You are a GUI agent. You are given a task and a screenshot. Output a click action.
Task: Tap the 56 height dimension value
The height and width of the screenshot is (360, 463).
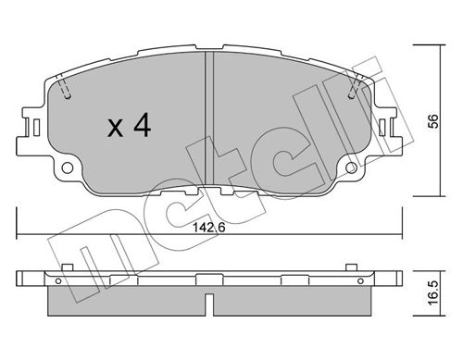pos(433,121)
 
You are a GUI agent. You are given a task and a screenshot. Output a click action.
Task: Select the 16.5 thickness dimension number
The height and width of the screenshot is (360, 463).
pos(433,292)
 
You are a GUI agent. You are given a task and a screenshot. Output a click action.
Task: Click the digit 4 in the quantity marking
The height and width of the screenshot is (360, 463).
pos(143,125)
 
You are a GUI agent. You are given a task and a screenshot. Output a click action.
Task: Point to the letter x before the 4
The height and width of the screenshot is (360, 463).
pos(116,129)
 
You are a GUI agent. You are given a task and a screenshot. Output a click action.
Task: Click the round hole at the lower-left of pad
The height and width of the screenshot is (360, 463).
pos(68,168)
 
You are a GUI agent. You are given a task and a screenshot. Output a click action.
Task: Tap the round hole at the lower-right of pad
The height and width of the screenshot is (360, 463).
pos(351,168)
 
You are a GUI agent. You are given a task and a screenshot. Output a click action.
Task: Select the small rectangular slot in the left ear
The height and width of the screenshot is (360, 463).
pos(36,127)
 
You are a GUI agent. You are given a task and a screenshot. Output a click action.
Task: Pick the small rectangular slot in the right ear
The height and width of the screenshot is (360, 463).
pos(382,127)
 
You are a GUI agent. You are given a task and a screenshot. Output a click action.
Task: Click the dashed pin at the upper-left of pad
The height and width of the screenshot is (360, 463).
pos(64,86)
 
